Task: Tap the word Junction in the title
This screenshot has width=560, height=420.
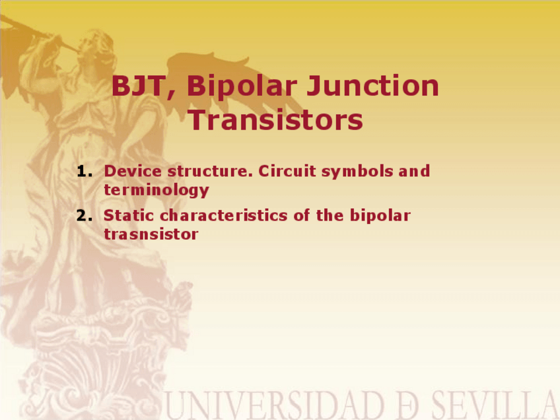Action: (373, 86)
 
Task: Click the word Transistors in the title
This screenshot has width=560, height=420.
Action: (276, 120)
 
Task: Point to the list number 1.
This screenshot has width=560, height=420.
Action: (85, 172)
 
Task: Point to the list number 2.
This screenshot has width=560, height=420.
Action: (85, 216)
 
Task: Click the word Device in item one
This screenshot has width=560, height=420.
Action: (133, 171)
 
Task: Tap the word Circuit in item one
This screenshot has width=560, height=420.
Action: (287, 171)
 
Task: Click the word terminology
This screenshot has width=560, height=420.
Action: (157, 190)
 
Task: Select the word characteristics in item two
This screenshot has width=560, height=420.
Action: (224, 215)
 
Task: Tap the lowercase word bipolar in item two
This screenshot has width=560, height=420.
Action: (380, 216)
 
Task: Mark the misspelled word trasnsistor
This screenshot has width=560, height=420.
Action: (151, 234)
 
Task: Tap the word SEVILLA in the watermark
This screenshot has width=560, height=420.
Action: (495, 405)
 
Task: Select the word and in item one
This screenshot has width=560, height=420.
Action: (414, 172)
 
